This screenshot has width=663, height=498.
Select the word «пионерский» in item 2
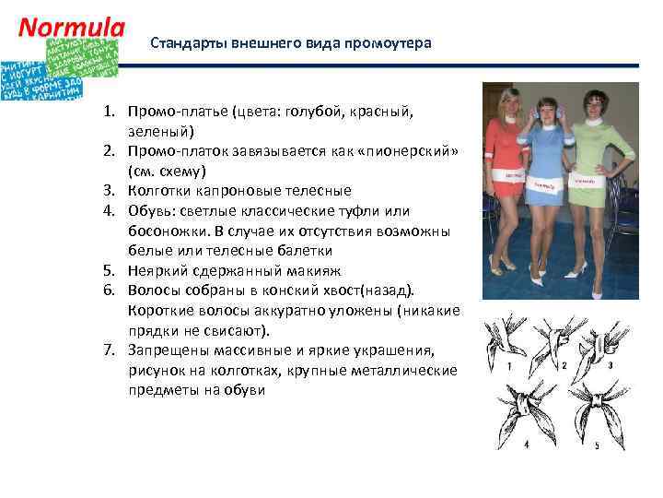coord(414,151)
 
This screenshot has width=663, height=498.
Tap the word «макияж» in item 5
coord(312,271)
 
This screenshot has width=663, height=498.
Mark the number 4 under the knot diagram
coord(526,444)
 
